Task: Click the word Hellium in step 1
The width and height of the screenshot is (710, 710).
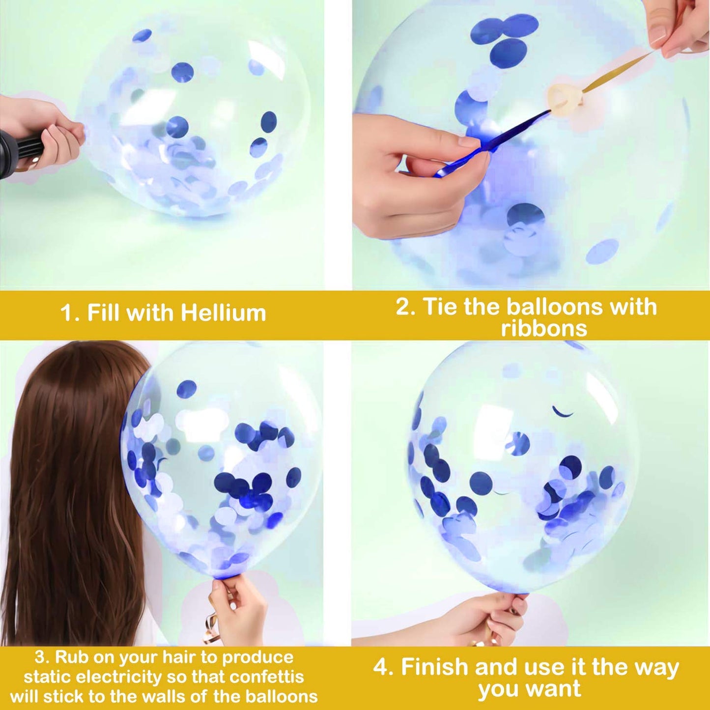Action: click(x=224, y=313)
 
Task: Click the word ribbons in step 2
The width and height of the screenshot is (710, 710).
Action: click(x=544, y=328)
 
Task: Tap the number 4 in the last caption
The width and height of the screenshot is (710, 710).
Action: click(x=381, y=667)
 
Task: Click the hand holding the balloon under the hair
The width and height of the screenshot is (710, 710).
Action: click(x=236, y=609)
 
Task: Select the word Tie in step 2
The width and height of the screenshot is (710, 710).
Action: click(x=440, y=307)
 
